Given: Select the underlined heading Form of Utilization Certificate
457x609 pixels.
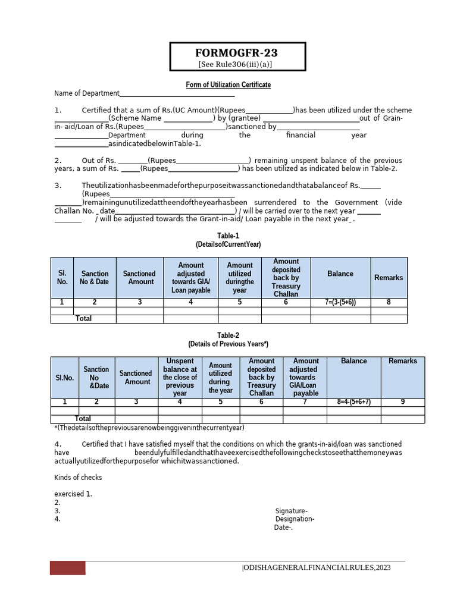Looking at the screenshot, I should click(x=228, y=85).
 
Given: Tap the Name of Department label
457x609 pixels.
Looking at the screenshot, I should click(x=87, y=93).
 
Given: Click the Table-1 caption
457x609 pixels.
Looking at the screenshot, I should click(x=228, y=236).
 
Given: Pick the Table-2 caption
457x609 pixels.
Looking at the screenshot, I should click(x=228, y=335).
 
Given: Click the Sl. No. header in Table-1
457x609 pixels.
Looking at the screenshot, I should click(x=62, y=278).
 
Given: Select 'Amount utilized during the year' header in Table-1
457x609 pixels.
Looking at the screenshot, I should click(x=240, y=278).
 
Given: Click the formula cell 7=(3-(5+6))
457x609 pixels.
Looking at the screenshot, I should click(x=341, y=303).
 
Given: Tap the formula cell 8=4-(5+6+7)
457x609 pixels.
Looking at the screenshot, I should click(x=349, y=402).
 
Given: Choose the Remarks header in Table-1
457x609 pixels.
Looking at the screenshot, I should click(x=389, y=278).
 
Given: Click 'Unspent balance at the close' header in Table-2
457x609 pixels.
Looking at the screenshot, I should click(x=180, y=377).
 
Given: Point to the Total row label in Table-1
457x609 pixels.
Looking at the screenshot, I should click(x=84, y=319).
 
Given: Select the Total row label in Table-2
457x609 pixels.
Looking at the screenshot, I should click(x=83, y=419).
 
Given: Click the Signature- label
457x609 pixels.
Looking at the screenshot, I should click(x=292, y=511).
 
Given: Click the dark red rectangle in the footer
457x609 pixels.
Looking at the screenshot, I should click(x=67, y=568).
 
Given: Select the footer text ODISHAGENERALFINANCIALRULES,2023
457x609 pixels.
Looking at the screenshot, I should click(x=317, y=568).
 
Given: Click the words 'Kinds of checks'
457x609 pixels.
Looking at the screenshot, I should click(x=78, y=478).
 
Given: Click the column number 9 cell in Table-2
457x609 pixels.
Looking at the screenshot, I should click(x=403, y=402).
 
